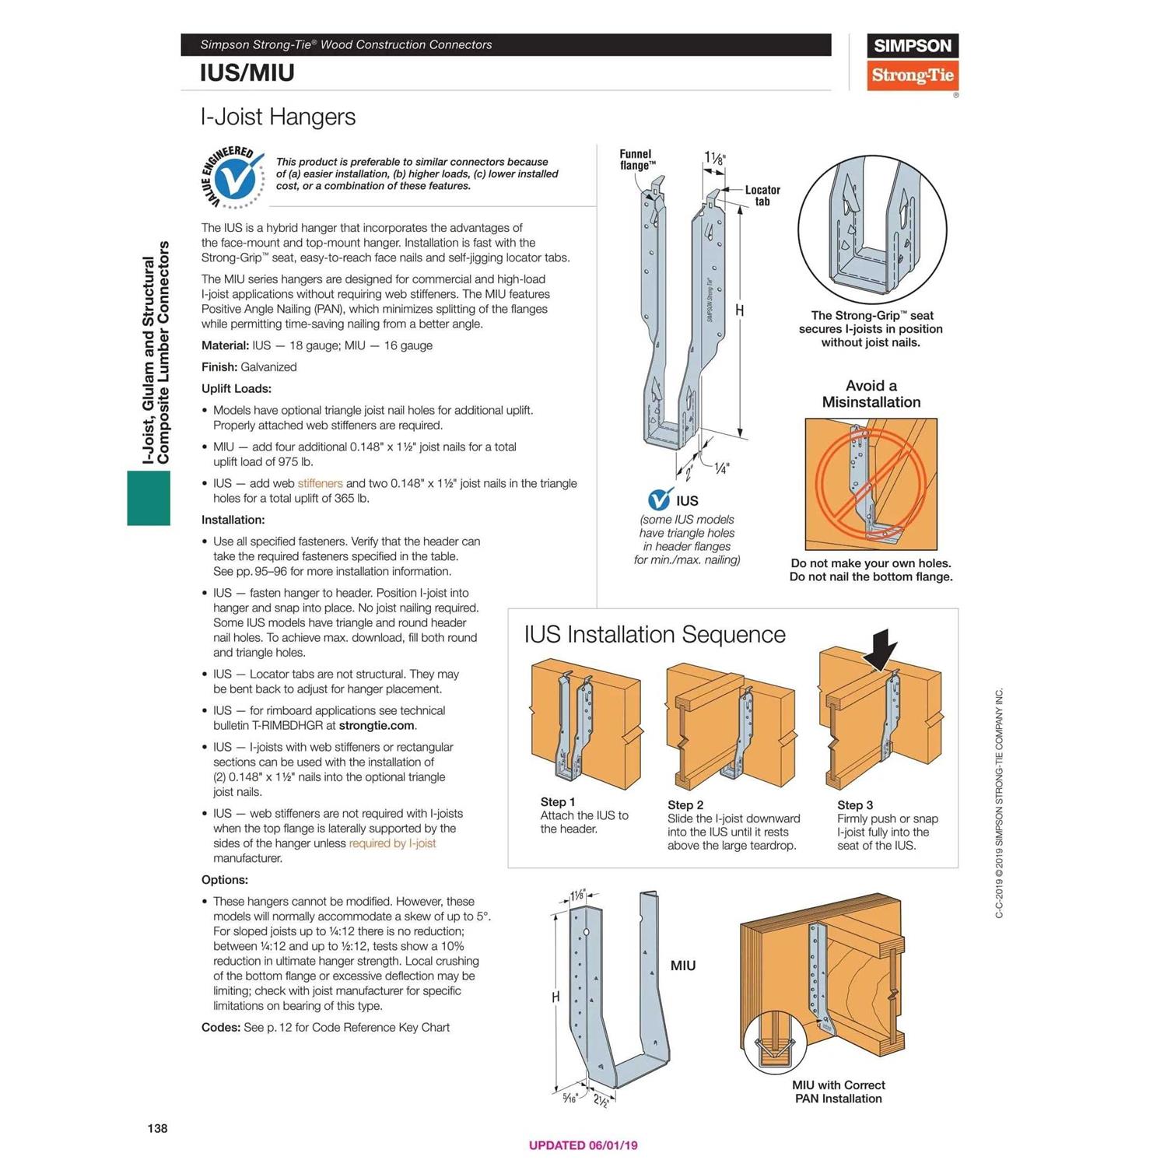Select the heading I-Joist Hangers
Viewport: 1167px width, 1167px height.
pos(278,117)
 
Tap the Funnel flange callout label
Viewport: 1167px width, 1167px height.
pos(636,159)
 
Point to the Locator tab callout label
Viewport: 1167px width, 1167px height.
pos(762,195)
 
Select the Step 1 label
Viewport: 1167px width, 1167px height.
pos(558,801)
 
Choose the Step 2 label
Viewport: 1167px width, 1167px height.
pos(685,804)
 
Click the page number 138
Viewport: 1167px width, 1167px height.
pos(157,1128)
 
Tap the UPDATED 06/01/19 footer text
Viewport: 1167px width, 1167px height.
pos(583,1145)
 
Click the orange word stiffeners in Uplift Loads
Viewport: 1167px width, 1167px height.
pos(320,483)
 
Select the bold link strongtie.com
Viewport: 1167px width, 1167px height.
pos(377,725)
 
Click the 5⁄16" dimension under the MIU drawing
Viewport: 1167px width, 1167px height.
pos(570,1099)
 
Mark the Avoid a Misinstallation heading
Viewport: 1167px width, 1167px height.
pos(871,394)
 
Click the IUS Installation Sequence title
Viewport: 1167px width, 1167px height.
pos(654,634)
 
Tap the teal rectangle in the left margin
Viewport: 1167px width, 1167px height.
pos(149,498)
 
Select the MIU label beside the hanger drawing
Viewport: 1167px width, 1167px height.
pos(683,965)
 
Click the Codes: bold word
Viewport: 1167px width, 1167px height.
pos(221,1027)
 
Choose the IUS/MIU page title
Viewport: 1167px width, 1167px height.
pos(247,73)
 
